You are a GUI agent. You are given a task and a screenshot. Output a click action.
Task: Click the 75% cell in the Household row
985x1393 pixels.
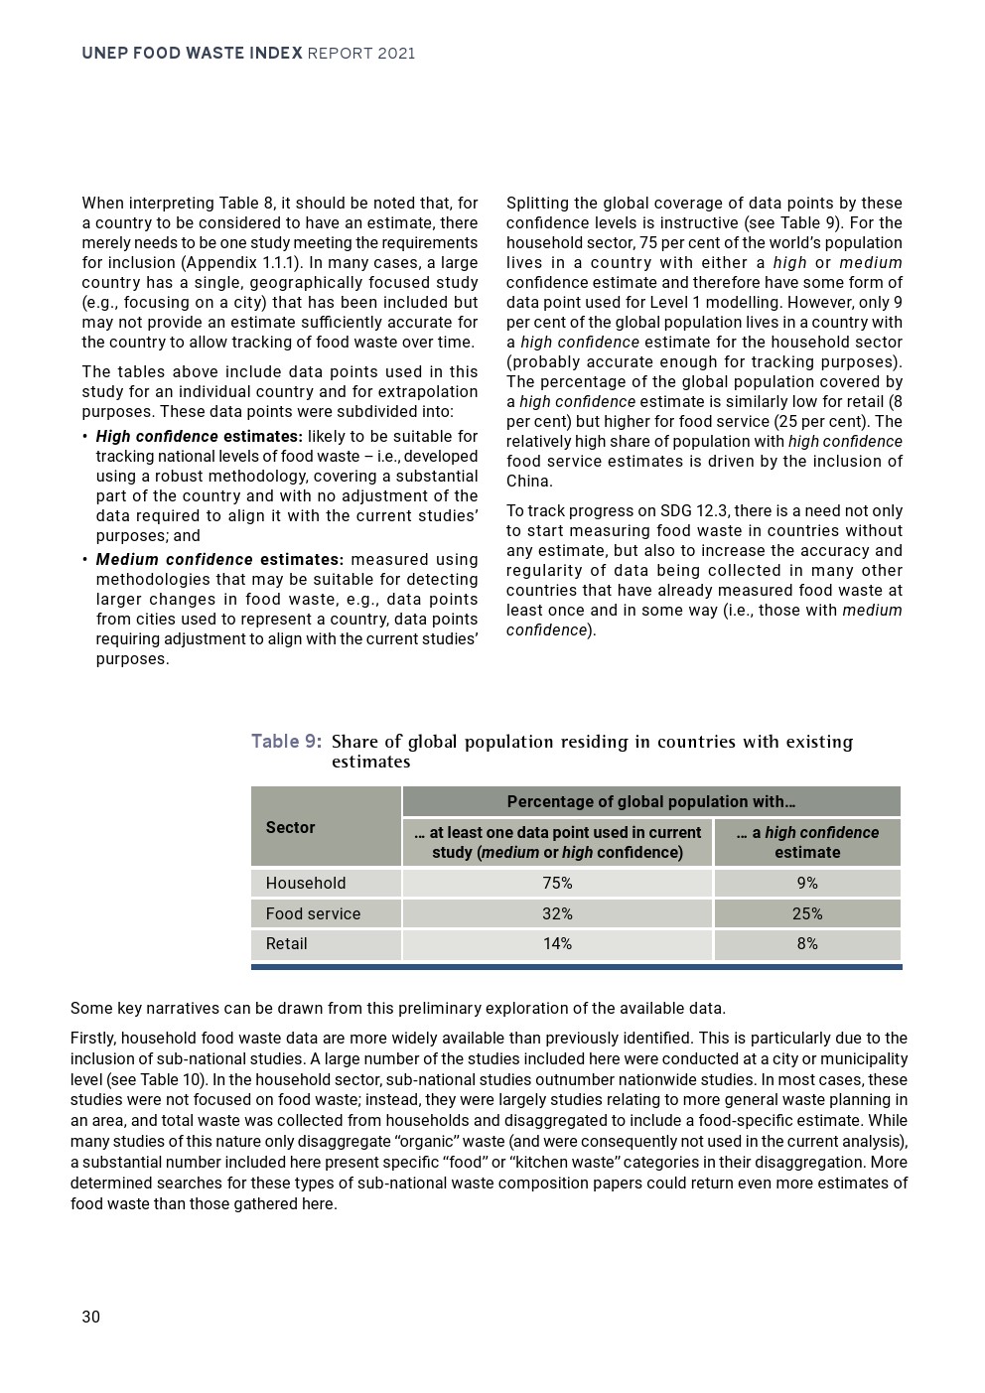(557, 883)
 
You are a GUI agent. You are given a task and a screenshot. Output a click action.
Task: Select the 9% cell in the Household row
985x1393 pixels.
(807, 883)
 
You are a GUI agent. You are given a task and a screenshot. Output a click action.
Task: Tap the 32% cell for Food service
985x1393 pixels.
(557, 913)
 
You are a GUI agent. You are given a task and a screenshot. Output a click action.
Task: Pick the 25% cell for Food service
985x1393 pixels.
(807, 913)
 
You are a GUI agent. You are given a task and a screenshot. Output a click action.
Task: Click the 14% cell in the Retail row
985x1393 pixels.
(557, 943)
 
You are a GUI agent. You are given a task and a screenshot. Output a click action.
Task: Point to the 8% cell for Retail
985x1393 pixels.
(807, 943)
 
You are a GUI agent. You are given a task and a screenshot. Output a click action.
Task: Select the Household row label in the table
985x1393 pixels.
(306, 883)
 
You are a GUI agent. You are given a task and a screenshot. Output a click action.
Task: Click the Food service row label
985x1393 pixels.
(313, 913)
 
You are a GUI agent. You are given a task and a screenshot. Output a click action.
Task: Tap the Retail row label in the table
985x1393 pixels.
(286, 943)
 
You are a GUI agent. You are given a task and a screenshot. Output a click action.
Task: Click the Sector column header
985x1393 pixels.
(290, 827)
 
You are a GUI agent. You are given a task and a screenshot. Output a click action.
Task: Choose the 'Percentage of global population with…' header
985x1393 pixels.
(651, 801)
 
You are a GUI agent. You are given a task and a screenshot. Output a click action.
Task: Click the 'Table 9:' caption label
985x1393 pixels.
(286, 742)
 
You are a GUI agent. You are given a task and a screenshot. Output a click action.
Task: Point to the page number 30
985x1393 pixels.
(91, 1317)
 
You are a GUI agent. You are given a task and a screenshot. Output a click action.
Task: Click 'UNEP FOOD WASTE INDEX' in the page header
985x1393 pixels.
(192, 54)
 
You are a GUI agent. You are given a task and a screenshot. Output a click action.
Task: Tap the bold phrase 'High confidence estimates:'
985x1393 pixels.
(199, 437)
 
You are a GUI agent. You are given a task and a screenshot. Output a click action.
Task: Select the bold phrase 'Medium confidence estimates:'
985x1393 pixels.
(219, 560)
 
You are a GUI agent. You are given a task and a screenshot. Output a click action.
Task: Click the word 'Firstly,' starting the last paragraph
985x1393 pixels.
(93, 1039)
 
